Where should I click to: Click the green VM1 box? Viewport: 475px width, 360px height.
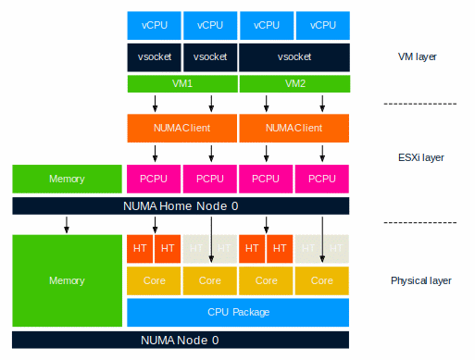[182, 83]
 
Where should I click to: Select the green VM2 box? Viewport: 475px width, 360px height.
[294, 83]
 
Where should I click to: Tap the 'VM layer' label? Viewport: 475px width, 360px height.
[409, 56]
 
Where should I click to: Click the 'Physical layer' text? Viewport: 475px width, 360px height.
[421, 279]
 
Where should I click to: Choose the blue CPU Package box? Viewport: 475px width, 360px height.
[238, 312]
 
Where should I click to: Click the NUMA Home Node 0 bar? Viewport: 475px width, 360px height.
[181, 205]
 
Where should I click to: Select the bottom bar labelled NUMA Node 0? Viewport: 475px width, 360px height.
[181, 340]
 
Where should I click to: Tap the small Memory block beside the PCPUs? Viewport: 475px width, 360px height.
[67, 179]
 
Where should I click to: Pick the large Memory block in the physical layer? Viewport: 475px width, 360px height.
[67, 279]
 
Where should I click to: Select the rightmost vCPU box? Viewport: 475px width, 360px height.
[322, 26]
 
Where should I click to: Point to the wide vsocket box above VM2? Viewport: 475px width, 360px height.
[294, 56]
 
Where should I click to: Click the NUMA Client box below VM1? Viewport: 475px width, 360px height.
[182, 127]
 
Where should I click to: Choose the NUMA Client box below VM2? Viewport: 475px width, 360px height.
[294, 127]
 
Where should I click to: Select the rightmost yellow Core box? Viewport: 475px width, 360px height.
[322, 279]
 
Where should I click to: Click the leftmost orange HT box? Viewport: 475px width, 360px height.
[140, 249]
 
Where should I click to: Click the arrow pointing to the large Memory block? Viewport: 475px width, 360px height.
[67, 224]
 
